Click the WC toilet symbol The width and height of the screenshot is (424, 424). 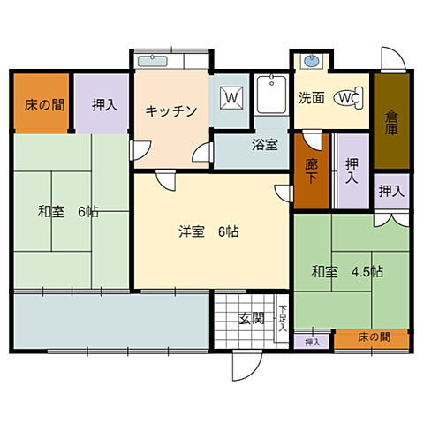pyautogui.click(x=347, y=98)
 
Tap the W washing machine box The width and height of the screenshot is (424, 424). pyautogui.click(x=232, y=95)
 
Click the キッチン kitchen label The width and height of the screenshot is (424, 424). pyautogui.click(x=170, y=110)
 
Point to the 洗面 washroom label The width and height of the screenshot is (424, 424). pyautogui.click(x=311, y=98)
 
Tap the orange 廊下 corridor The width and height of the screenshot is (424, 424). pyautogui.click(x=311, y=170)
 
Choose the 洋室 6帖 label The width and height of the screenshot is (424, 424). pyautogui.click(x=208, y=232)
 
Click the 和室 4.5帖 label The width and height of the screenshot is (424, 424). pyautogui.click(x=347, y=271)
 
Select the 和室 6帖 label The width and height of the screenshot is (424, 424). pyautogui.click(x=67, y=212)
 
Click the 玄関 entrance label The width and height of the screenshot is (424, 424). pyautogui.click(x=252, y=319)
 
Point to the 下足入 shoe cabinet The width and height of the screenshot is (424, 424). pyautogui.click(x=283, y=317)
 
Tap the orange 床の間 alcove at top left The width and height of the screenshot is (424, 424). pyautogui.click(x=42, y=104)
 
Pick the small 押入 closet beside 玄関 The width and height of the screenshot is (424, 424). pyautogui.click(x=313, y=341)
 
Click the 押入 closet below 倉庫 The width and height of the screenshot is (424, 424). pyautogui.click(x=390, y=190)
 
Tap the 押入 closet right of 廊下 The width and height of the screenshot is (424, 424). pyautogui.click(x=352, y=170)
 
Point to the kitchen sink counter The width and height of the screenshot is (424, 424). pyautogui.click(x=170, y=61)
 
